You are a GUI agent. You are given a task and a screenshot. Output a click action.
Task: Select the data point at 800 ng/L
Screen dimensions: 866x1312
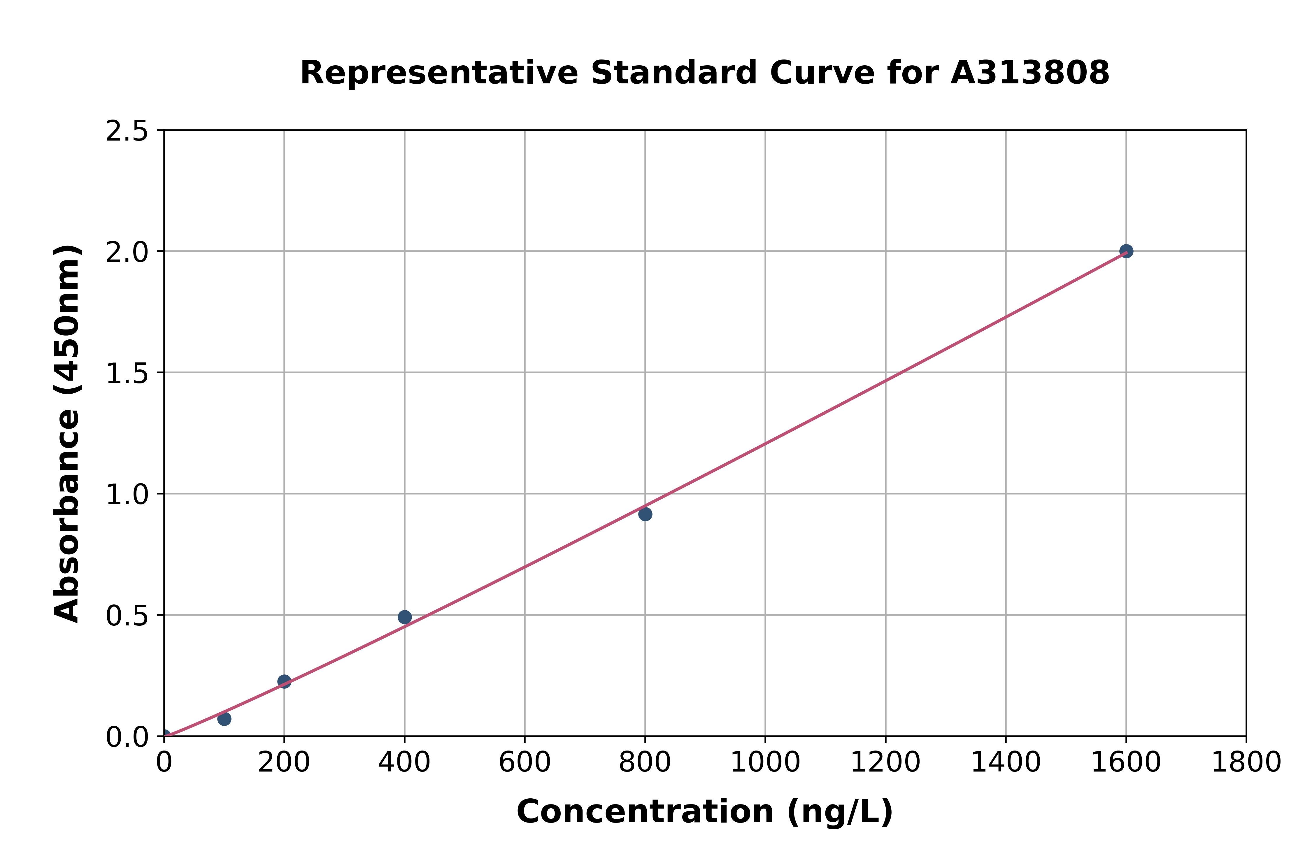[645, 514]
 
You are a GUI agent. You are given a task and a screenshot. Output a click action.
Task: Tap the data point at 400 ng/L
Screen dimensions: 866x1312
[404, 617]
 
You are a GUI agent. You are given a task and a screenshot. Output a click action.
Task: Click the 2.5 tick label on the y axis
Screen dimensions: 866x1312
[127, 132]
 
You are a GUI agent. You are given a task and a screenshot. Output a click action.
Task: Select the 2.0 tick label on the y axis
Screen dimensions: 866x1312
[127, 253]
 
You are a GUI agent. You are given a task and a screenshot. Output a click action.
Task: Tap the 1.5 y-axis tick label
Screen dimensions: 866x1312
[127, 374]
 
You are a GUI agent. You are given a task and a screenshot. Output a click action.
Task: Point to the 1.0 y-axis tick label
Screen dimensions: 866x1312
[127, 495]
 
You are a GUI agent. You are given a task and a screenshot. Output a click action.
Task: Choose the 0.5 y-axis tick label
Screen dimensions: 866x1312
[127, 616]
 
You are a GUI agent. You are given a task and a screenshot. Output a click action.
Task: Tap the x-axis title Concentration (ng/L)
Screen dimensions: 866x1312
[705, 812]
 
